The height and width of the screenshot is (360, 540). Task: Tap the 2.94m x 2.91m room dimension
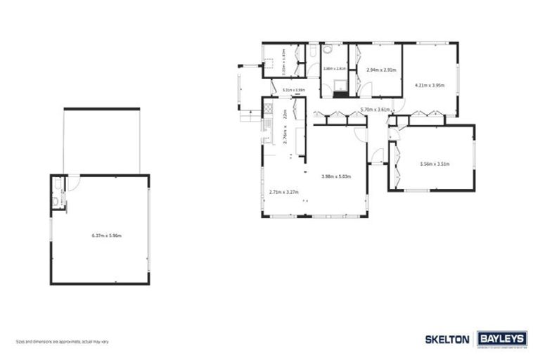coord(382,70)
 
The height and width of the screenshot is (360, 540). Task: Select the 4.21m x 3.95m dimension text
coord(430,85)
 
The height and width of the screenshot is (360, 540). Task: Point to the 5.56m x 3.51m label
coord(434,164)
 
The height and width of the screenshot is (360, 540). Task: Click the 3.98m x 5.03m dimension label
coord(335,176)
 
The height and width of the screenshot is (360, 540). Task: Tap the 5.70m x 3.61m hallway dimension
coord(375,110)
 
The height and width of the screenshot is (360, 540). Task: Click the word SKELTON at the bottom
coord(447,339)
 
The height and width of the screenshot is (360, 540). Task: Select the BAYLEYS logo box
coord(502,339)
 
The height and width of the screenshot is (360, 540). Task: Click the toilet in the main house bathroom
coord(328,50)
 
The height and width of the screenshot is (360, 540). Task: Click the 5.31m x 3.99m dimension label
coord(293,90)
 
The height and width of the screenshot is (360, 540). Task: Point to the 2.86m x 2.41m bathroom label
coord(333,68)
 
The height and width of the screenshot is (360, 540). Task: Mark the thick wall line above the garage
coord(101,108)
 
